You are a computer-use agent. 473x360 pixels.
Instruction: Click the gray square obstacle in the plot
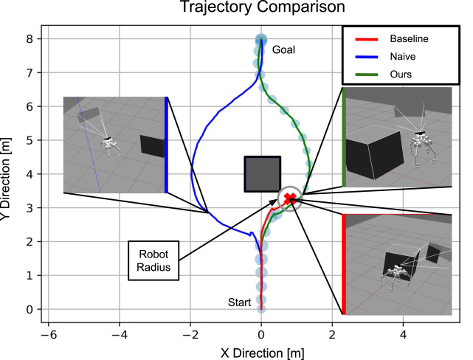(262, 174)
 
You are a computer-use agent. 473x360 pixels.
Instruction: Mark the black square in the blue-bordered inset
(151, 145)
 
